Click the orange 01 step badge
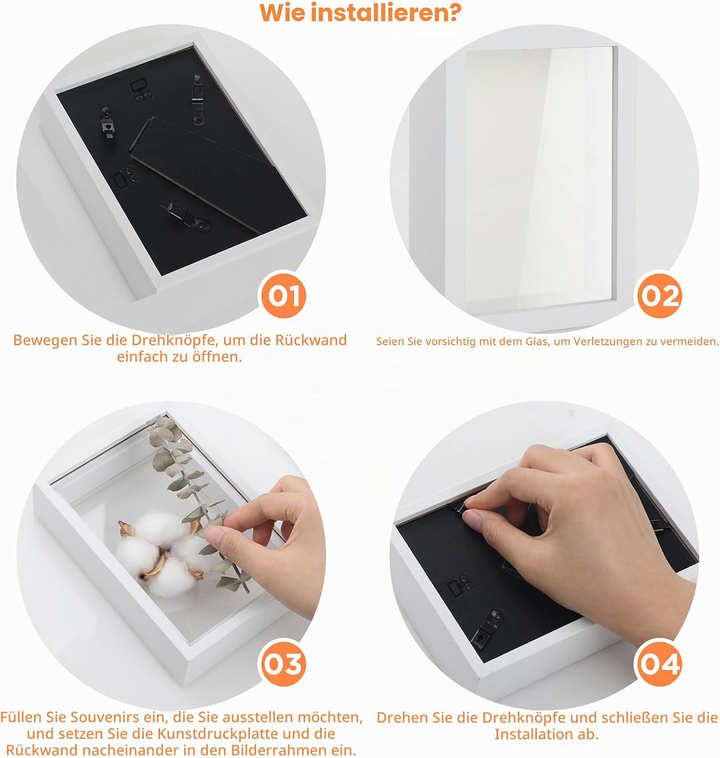tap(283, 295)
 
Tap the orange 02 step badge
tap(659, 295)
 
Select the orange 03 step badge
tap(283, 664)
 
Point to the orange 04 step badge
tap(659, 664)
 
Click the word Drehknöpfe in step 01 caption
tap(162, 340)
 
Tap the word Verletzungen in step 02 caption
tap(605, 342)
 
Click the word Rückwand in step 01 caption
tap(311, 340)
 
